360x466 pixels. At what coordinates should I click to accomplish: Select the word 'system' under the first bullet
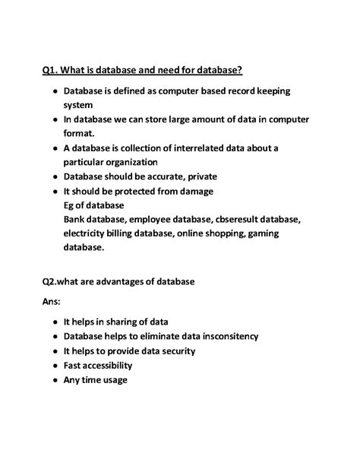pyautogui.click(x=78, y=106)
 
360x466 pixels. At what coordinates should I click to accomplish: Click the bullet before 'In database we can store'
pyautogui.click(x=55, y=120)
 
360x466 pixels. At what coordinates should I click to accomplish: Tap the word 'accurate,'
pyautogui.click(x=181, y=177)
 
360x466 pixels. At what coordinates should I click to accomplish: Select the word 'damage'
pyautogui.click(x=195, y=191)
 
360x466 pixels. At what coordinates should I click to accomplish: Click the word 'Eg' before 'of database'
pyautogui.click(x=70, y=205)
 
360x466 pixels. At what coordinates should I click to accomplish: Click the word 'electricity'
pyautogui.click(x=87, y=233)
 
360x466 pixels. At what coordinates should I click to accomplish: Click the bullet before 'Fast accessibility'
pyautogui.click(x=55, y=366)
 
